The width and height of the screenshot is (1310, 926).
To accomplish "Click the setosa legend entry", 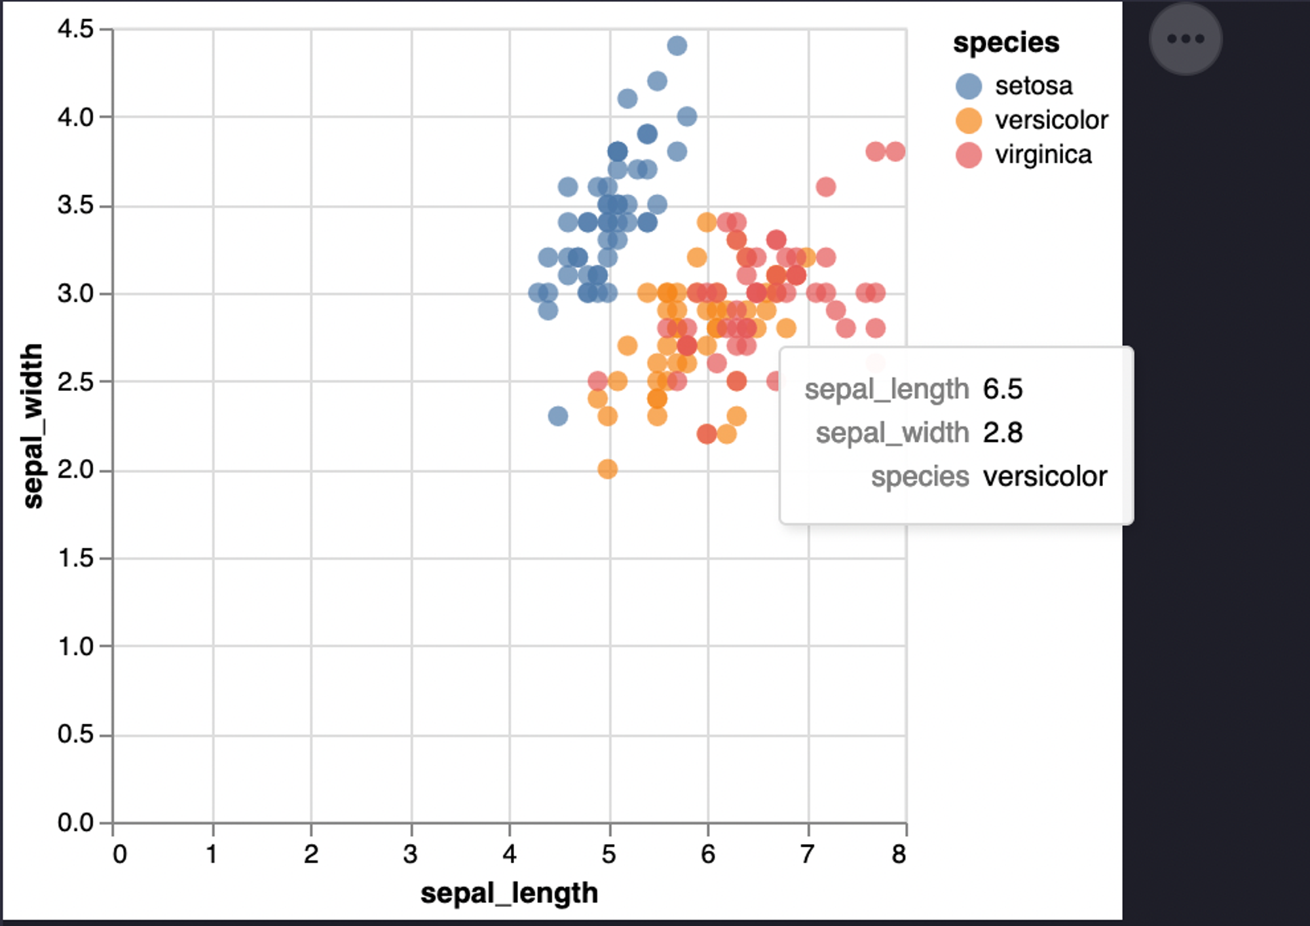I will pos(1033,86).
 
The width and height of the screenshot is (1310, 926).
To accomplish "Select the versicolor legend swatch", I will pos(969,120).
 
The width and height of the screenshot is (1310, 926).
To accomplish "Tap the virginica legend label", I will pos(1043,155).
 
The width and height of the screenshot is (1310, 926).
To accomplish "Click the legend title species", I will pos(1005,43).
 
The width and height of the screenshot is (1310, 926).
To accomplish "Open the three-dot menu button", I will pos(1186,39).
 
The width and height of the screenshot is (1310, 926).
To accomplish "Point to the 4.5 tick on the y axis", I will pos(75,29).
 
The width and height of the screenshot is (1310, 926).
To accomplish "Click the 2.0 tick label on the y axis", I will pos(75,470).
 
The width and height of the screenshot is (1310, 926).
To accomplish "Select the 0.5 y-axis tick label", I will pos(75,734).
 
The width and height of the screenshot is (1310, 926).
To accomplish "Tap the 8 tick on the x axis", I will pos(899,854).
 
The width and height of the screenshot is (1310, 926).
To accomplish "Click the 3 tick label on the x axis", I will pos(411,854).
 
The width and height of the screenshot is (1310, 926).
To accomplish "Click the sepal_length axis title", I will pos(509,893).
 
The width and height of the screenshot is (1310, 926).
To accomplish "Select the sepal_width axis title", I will pos(32,426).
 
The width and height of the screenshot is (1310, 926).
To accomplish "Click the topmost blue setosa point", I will pos(677,46).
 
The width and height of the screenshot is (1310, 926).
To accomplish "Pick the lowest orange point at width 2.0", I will pos(607,469).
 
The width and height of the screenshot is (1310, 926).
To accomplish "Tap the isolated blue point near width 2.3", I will pos(557,416).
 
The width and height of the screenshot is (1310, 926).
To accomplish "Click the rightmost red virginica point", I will pos(895,151).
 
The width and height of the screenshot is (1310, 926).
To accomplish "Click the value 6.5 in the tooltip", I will pos(1002,389).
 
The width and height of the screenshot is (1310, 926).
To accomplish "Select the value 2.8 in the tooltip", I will pos(1002,433).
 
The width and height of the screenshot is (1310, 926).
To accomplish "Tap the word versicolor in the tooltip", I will pos(1045,477).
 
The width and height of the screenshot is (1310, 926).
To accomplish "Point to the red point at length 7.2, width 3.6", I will pos(825,187).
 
